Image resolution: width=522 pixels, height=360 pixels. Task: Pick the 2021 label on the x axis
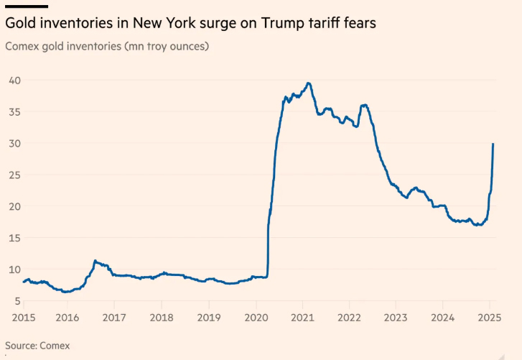(302, 318)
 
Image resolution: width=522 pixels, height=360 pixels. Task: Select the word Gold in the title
(20, 24)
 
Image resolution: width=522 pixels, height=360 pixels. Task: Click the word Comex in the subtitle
(24, 47)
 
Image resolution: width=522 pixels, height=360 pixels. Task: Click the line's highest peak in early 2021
(308, 83)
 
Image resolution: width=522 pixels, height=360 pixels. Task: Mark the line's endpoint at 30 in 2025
(493, 144)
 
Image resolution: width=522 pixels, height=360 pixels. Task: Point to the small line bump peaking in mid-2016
(95, 261)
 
